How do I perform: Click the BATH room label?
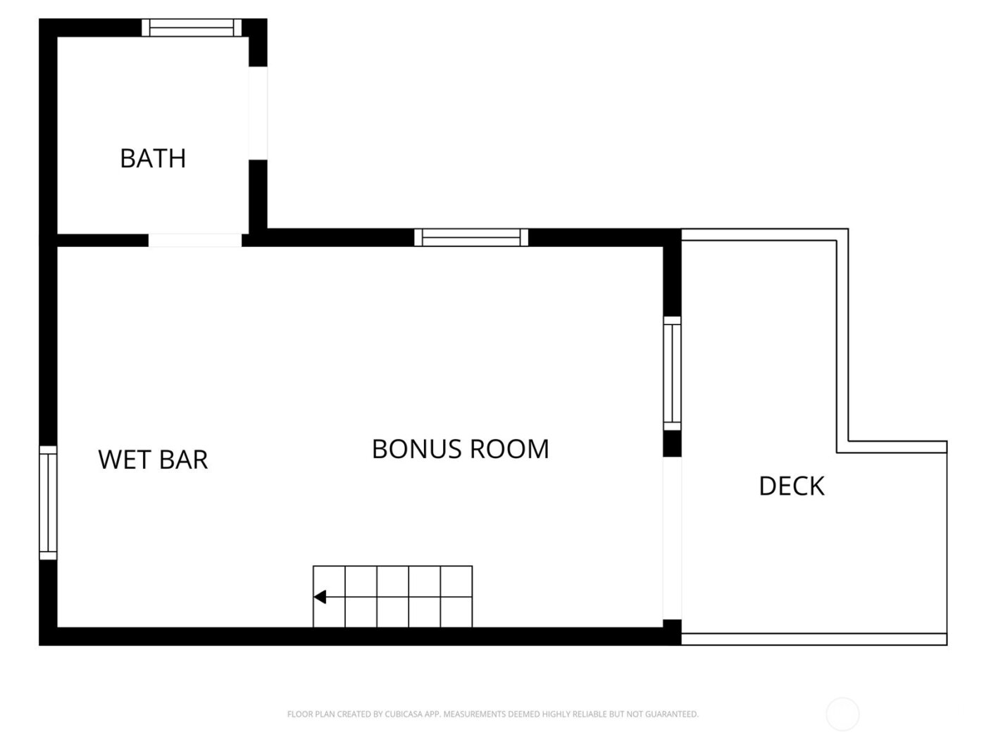pyautogui.click(x=153, y=158)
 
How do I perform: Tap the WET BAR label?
pyautogui.click(x=153, y=460)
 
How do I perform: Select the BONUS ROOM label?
pyautogui.click(x=460, y=449)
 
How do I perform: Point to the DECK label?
pyautogui.click(x=791, y=486)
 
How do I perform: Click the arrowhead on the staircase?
pyautogui.click(x=320, y=598)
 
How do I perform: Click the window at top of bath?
pyautogui.click(x=192, y=27)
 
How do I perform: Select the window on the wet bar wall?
pyautogui.click(x=48, y=503)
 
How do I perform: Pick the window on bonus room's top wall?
pyautogui.click(x=471, y=238)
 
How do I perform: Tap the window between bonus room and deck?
pyautogui.click(x=673, y=373)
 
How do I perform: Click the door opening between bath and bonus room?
pyautogui.click(x=195, y=240)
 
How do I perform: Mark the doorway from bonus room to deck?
pyautogui.click(x=672, y=538)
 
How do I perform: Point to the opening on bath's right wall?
pyautogui.click(x=258, y=113)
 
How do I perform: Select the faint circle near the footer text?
pyautogui.click(x=842, y=714)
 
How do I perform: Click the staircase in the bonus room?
pyautogui.click(x=392, y=596)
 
